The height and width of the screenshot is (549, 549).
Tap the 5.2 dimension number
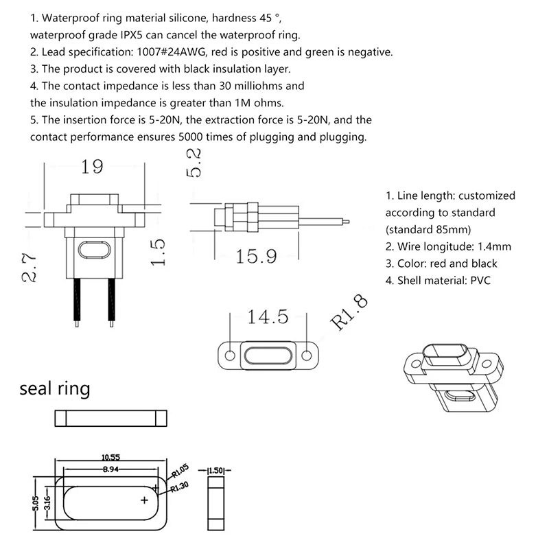tap(195, 163)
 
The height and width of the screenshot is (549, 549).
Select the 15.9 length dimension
tap(256, 257)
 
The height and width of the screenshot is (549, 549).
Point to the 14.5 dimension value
tap(268, 318)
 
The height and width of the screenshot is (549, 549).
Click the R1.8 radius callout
tap(349, 313)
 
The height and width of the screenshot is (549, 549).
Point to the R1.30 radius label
tap(180, 486)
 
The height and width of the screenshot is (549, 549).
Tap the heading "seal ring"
tap(55, 389)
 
